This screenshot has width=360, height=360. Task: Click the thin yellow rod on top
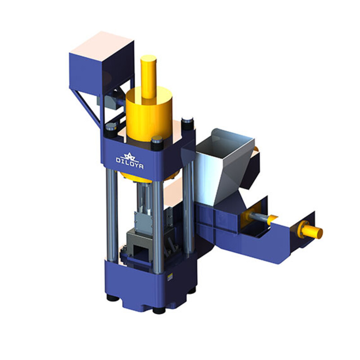coord(148,76)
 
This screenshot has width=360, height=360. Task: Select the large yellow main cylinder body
coord(148,115)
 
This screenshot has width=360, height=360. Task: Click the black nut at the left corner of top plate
coord(109,129)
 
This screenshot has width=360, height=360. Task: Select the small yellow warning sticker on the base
coord(170,277)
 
